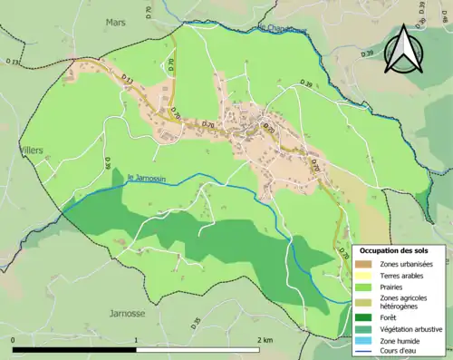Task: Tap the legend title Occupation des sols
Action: (x=394, y=249)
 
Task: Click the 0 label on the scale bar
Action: (x=14, y=339)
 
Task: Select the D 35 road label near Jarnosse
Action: (x=196, y=322)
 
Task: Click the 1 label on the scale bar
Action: (x=137, y=339)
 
